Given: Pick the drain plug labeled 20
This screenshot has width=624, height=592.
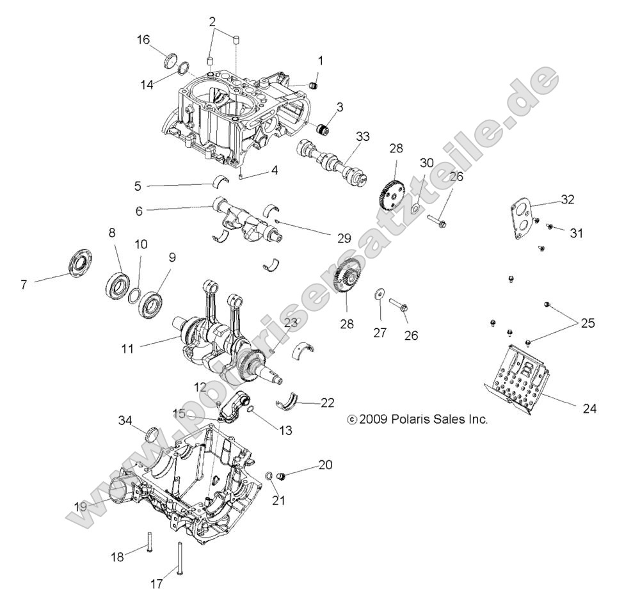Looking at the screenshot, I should [x=287, y=476].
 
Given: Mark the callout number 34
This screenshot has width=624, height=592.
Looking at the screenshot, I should [x=125, y=420].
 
